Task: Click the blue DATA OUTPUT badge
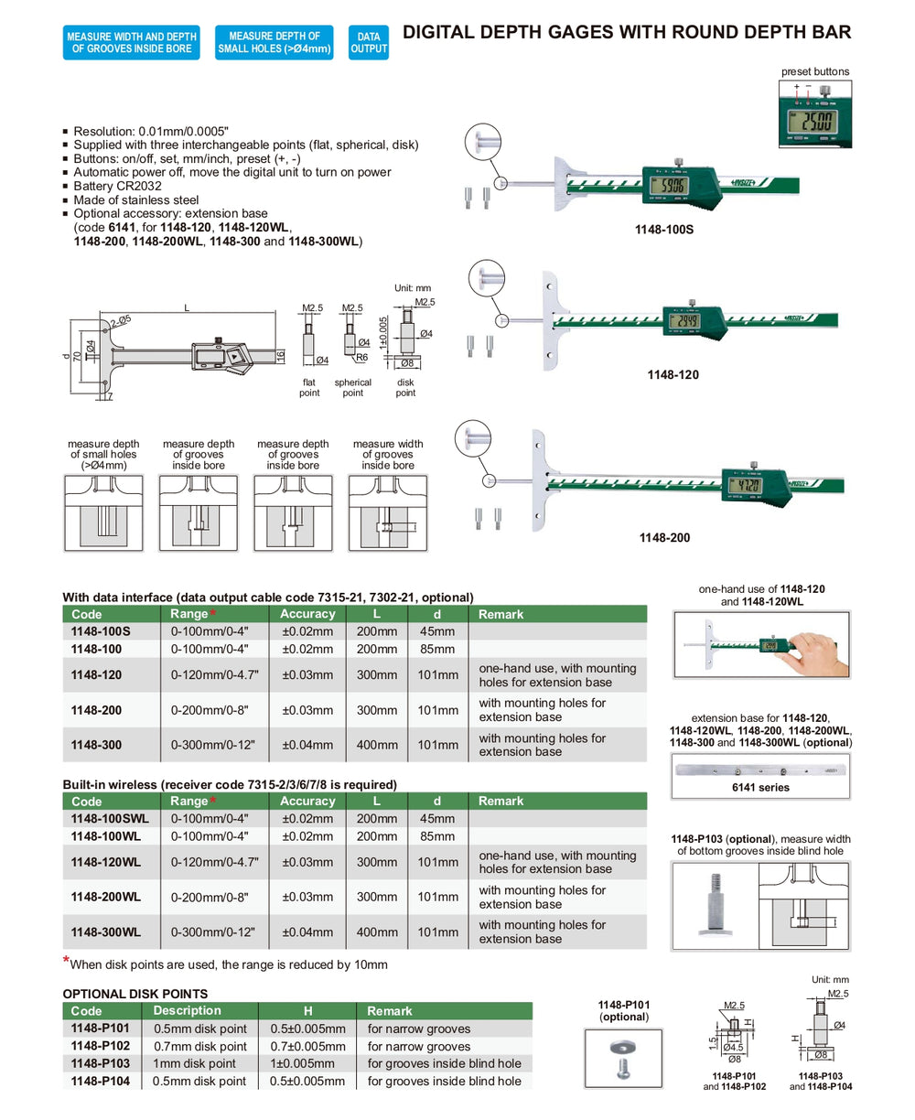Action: tap(369, 43)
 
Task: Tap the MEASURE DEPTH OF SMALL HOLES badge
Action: tap(274, 43)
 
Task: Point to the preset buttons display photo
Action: tap(814, 115)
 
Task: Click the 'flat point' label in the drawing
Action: tap(309, 387)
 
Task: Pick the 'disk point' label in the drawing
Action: tap(405, 387)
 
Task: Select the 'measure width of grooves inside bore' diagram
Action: tap(388, 512)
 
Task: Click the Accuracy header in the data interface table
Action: tap(307, 614)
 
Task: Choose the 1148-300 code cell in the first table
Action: tap(96, 745)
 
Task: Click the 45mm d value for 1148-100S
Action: tap(436, 631)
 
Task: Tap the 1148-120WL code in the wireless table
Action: tap(106, 862)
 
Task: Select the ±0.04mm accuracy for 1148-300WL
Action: tap(307, 932)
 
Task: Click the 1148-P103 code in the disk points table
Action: tap(100, 1063)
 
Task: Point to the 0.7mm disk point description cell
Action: tap(199, 1046)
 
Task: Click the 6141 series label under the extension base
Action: tap(760, 787)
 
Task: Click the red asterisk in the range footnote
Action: tap(66, 961)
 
